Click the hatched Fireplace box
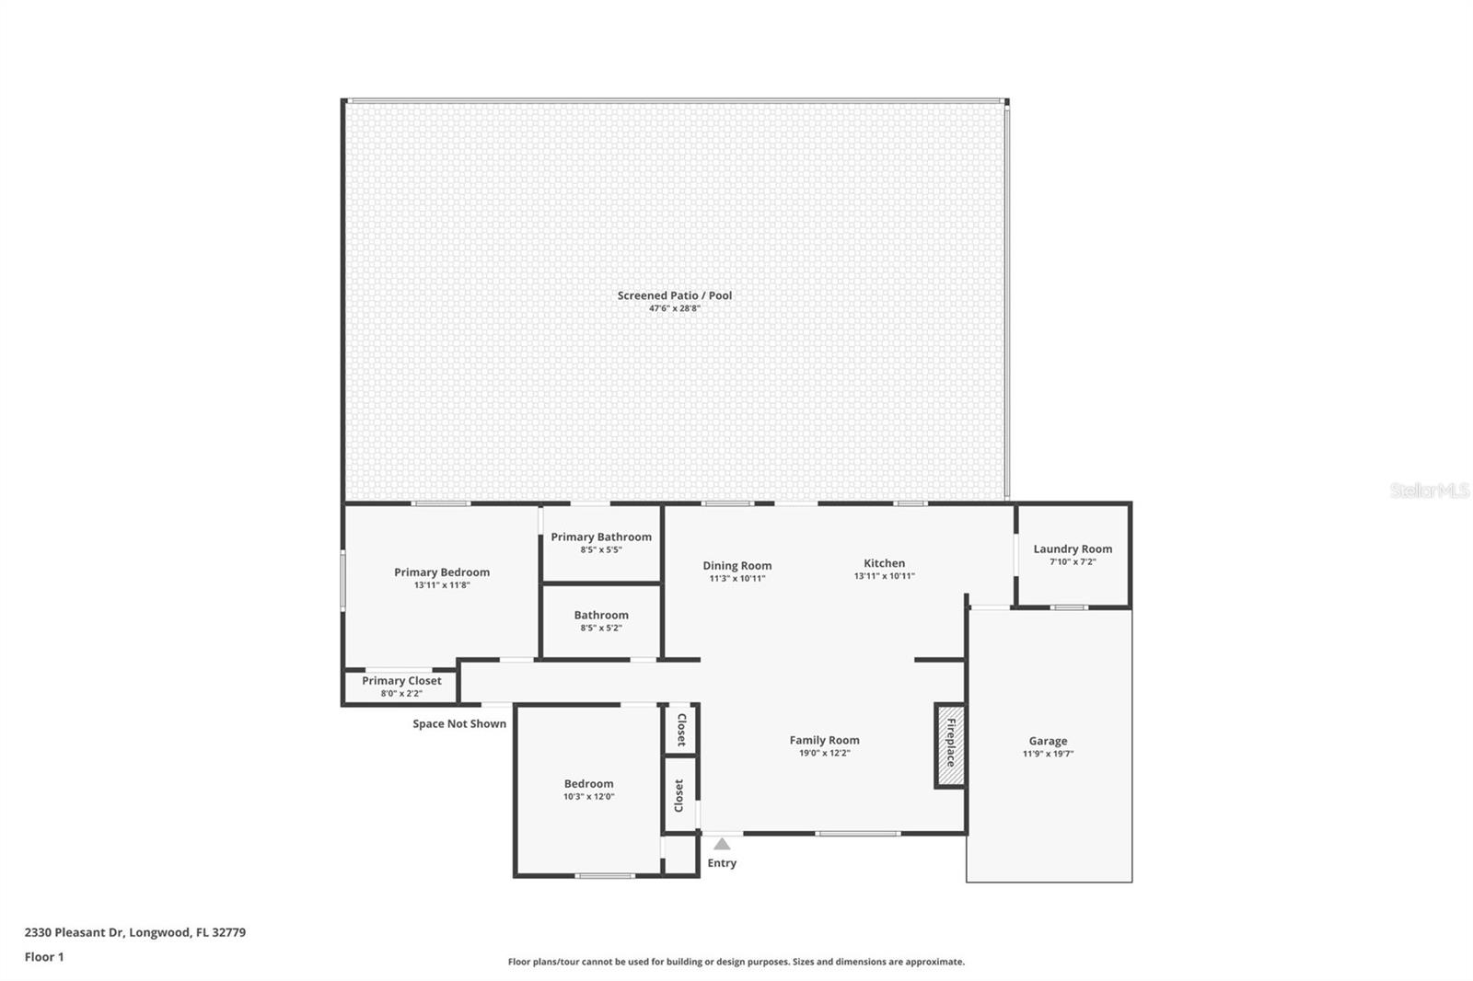point(951,745)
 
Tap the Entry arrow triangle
point(722,844)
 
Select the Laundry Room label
point(1073,549)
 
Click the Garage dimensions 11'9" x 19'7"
point(1048,754)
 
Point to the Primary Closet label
point(401,681)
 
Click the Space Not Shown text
point(459,724)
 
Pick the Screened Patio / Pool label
point(675,295)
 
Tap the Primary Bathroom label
point(601,537)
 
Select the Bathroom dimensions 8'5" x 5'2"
point(601,628)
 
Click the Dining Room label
point(737,566)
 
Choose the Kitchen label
point(884,563)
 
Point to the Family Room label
point(824,740)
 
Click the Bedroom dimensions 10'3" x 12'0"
point(588,797)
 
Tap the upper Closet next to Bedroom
point(681,730)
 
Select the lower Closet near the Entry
point(679,795)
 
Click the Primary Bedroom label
point(442,572)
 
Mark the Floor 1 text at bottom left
point(44,957)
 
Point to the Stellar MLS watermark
point(1429,491)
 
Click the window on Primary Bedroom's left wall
point(342,580)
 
